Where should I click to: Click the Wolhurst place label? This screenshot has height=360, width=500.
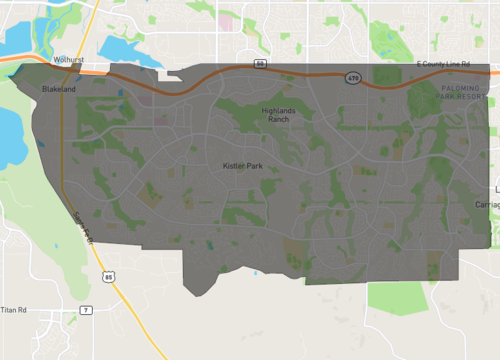pos(68,60)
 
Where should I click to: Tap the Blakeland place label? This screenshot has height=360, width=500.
pos(59,89)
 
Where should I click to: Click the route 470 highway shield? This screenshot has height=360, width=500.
pos(353,77)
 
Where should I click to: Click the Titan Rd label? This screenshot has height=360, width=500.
pos(13,310)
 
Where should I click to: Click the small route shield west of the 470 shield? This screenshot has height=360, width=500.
pos(260,64)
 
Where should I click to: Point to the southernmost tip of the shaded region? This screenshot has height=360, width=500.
pos(200,294)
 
